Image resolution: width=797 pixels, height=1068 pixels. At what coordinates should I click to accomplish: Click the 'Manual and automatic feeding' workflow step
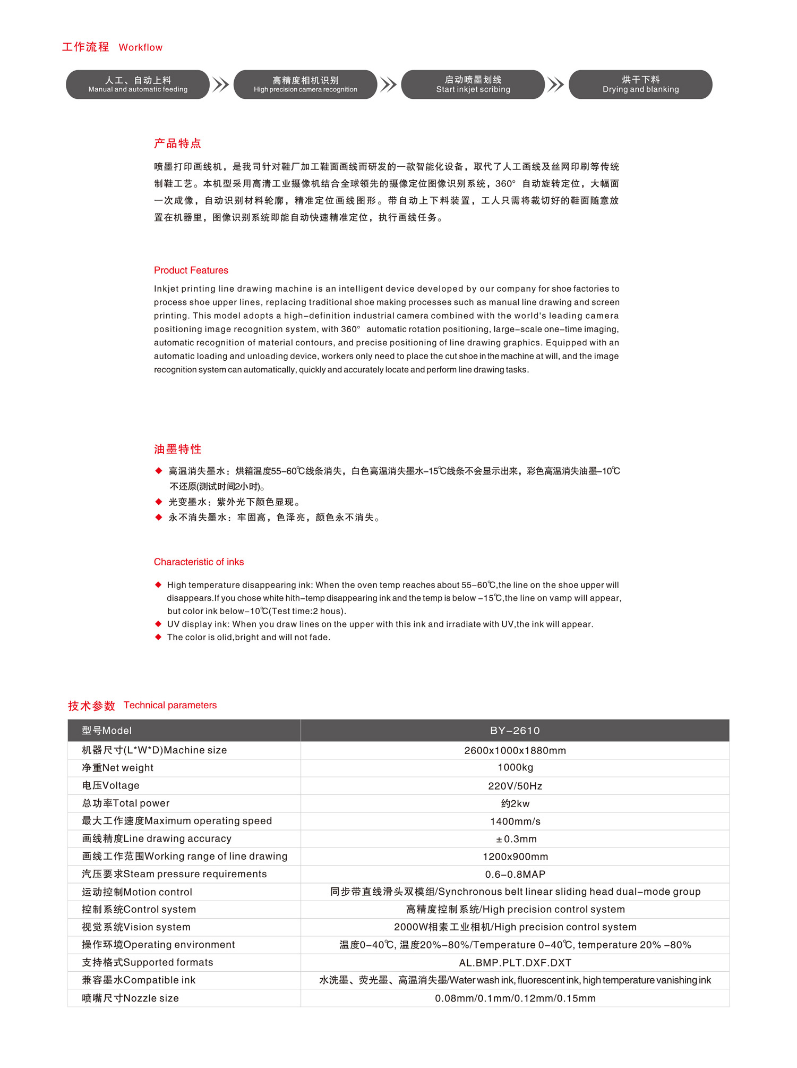[138, 84]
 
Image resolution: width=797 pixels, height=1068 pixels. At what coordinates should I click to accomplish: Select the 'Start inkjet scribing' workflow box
[473, 84]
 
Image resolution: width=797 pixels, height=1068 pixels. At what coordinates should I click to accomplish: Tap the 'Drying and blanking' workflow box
[640, 84]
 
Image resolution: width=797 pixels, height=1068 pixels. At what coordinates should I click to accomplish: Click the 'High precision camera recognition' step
[305, 84]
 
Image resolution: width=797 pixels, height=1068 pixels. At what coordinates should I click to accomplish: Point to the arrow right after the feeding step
[221, 84]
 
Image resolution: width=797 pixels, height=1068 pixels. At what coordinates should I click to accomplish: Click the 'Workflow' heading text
[141, 48]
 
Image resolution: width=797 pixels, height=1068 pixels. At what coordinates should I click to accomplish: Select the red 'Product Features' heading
[191, 270]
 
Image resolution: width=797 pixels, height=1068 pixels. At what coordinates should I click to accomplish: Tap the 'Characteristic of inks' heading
[199, 562]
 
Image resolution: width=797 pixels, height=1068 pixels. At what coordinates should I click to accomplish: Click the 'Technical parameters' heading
[170, 705]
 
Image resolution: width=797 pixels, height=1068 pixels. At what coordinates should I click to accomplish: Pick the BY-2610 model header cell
[515, 731]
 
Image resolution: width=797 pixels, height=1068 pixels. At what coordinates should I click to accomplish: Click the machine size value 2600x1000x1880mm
[515, 751]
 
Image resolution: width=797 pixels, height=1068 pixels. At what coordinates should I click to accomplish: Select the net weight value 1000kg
[515, 768]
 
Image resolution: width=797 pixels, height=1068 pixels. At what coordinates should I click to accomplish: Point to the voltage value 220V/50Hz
[515, 786]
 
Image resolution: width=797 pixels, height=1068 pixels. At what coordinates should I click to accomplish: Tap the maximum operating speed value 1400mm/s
[515, 821]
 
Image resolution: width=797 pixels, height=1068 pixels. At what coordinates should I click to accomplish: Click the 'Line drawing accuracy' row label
[157, 839]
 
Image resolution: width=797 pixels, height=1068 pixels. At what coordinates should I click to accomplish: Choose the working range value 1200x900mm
[515, 857]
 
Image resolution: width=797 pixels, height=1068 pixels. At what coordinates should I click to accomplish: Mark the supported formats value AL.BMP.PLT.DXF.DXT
[515, 963]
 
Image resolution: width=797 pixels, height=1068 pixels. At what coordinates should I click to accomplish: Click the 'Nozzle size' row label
[130, 998]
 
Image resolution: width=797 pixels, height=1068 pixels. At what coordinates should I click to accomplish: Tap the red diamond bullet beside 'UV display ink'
[158, 624]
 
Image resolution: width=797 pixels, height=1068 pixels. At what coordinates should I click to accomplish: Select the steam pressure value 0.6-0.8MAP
[515, 875]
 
